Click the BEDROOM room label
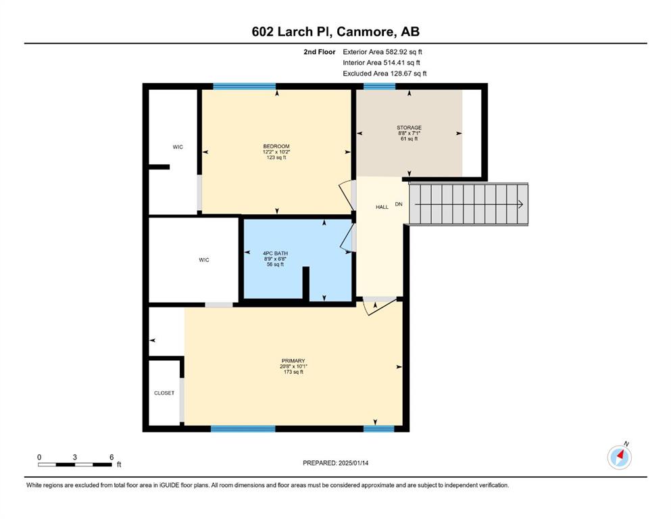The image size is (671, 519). [x=276, y=147]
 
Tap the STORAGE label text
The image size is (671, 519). [x=409, y=128]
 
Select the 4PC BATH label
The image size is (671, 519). [x=275, y=253]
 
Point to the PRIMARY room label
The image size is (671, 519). [x=293, y=361]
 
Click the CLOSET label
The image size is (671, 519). [x=164, y=393]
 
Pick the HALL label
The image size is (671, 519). [x=382, y=207]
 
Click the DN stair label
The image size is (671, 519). [x=399, y=204]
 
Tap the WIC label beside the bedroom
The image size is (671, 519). [x=178, y=147]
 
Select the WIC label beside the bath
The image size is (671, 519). [x=204, y=259]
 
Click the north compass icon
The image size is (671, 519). [x=619, y=457]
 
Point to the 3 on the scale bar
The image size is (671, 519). [x=75, y=457]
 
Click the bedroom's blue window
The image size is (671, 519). [x=245, y=86]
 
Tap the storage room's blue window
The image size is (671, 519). [x=380, y=86]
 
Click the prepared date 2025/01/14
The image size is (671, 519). [x=353, y=463]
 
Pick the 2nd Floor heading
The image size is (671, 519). [x=319, y=52]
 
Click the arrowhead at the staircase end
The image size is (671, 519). [x=521, y=205]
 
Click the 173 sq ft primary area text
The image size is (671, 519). [x=293, y=372]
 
